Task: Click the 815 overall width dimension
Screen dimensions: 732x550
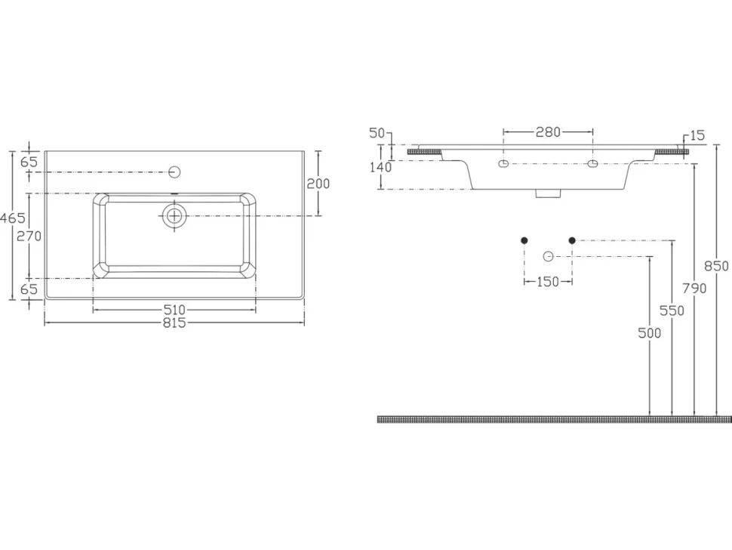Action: (174, 323)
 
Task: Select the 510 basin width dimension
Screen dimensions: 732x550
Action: (174, 309)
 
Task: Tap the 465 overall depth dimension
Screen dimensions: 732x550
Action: (13, 218)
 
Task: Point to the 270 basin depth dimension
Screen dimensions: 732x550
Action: (29, 236)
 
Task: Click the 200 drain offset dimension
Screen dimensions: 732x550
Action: (318, 184)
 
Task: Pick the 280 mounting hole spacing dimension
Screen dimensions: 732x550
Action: (548, 132)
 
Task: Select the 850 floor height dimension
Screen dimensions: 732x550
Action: (717, 266)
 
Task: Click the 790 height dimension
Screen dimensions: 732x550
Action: (695, 289)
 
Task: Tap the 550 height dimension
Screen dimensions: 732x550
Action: (672, 311)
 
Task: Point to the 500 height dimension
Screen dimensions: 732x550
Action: (650, 332)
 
